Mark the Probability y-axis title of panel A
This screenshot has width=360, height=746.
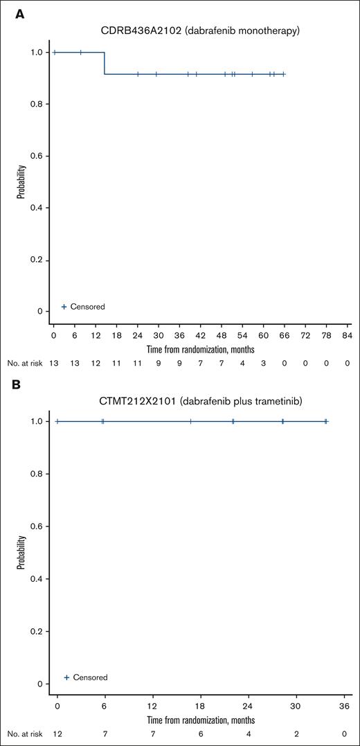point(21,181)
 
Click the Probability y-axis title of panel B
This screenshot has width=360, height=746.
point(21,552)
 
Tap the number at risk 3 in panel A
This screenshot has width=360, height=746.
point(263,363)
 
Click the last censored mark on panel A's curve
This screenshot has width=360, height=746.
point(283,74)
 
